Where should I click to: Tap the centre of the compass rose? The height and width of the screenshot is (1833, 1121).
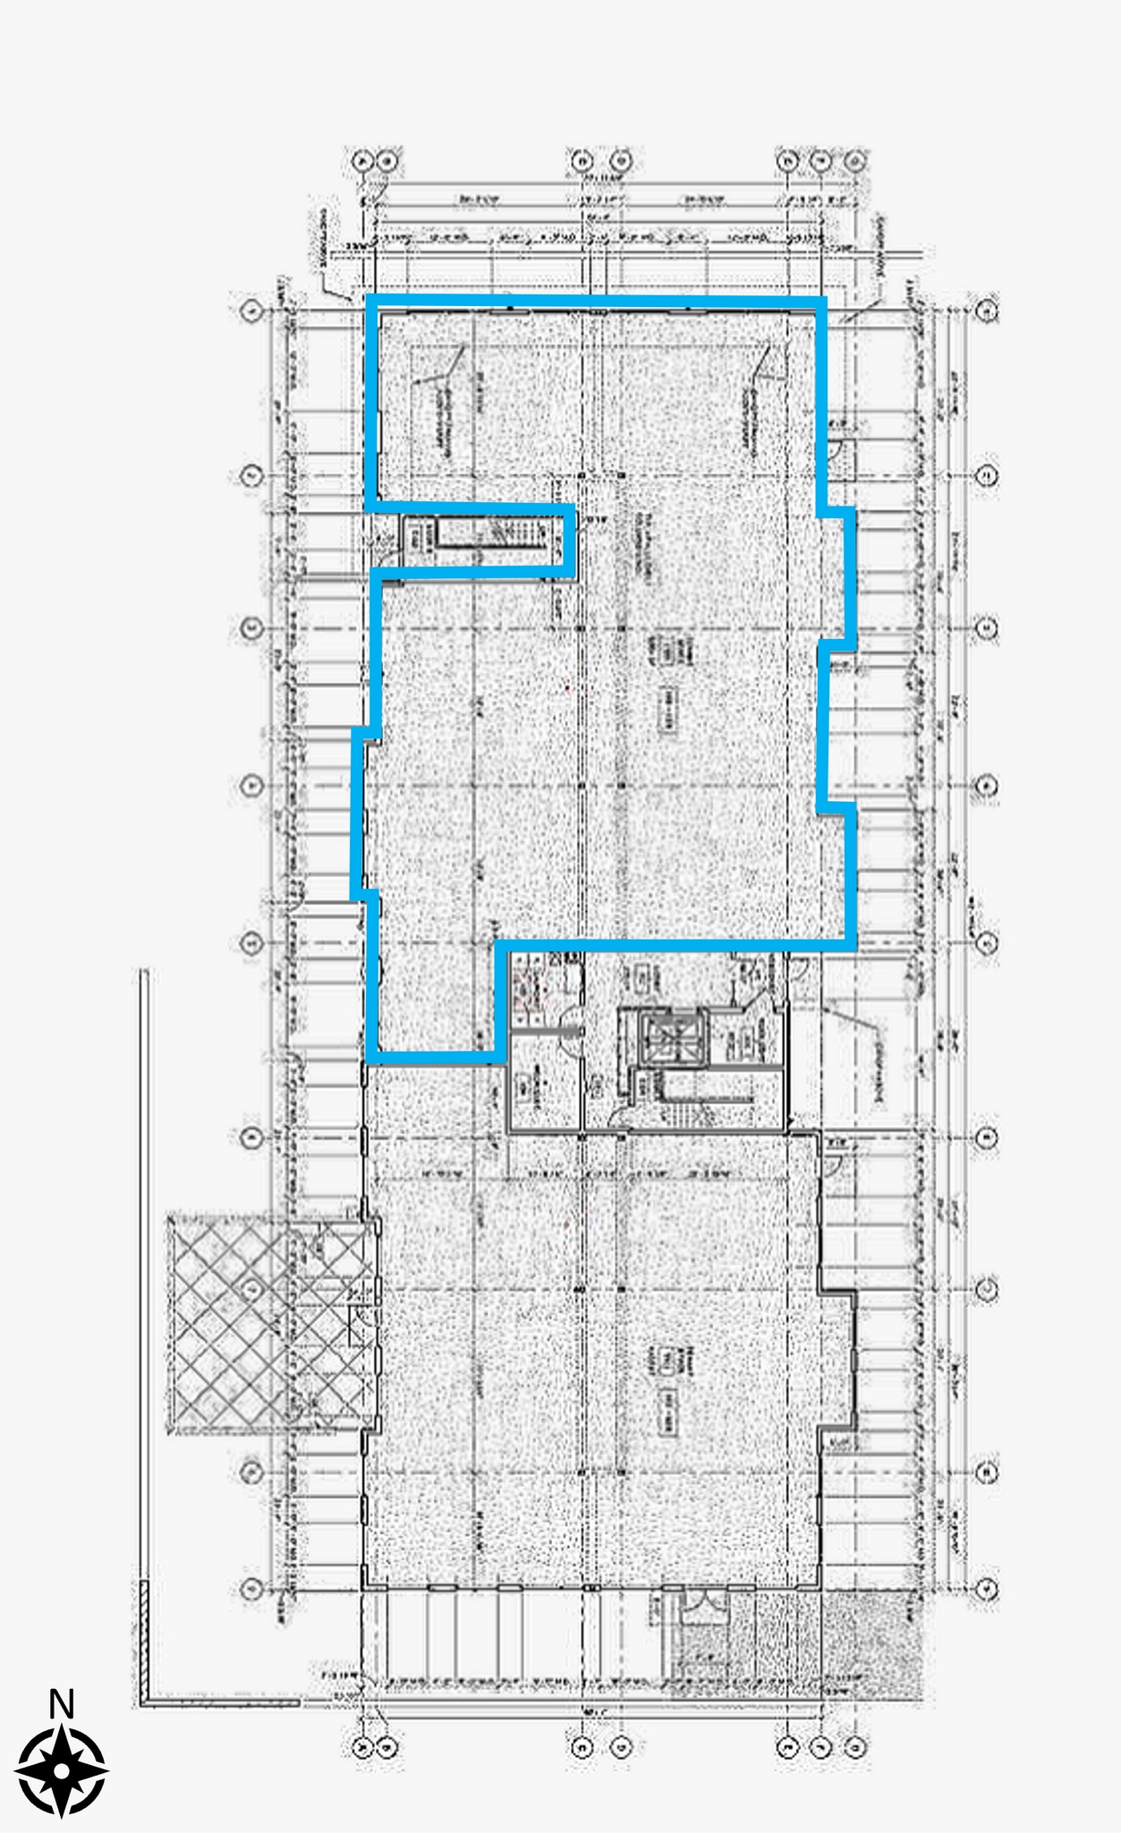[x=61, y=1769]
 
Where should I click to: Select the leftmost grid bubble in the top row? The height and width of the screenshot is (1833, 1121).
[x=362, y=161]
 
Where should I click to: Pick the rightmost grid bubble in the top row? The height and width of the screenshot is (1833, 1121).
[x=856, y=161]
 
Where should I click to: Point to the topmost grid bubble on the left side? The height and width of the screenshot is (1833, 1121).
[x=252, y=311]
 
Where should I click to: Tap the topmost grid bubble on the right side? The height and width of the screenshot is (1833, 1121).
[x=987, y=311]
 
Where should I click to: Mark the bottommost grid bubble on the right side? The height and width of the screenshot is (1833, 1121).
[x=987, y=1589]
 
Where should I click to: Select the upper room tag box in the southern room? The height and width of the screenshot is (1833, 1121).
[x=667, y=1360]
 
